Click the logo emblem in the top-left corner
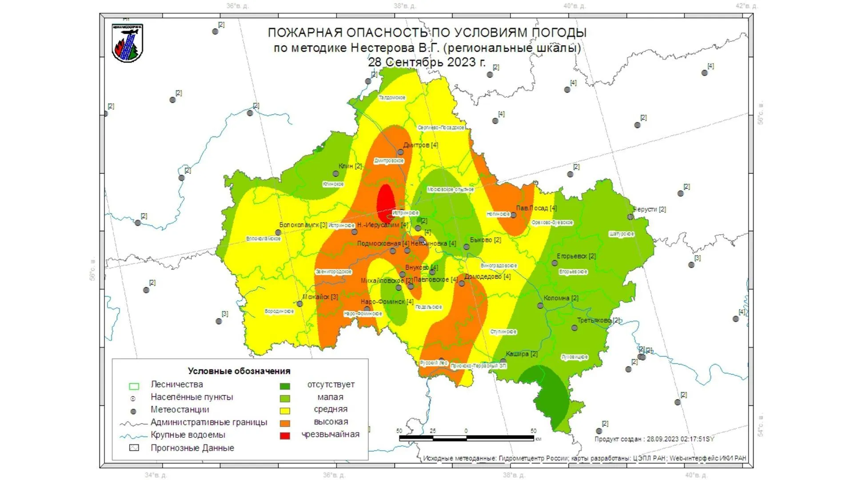click(x=128, y=43)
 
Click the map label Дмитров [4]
click(x=420, y=145)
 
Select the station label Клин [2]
click(x=350, y=166)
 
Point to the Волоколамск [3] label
click(x=303, y=225)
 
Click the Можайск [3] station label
click(x=320, y=296)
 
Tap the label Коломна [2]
click(x=561, y=298)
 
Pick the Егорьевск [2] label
click(x=576, y=256)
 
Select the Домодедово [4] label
click(x=487, y=276)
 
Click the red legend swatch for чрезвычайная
click(x=285, y=436)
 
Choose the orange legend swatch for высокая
click(x=285, y=423)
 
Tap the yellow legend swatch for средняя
click(x=285, y=411)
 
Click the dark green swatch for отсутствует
click(x=285, y=386)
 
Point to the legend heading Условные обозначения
click(x=239, y=371)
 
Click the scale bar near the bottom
click(x=466, y=438)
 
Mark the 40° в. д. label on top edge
click(x=574, y=6)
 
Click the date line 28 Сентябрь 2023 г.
click(x=426, y=62)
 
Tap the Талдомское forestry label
click(x=392, y=97)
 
